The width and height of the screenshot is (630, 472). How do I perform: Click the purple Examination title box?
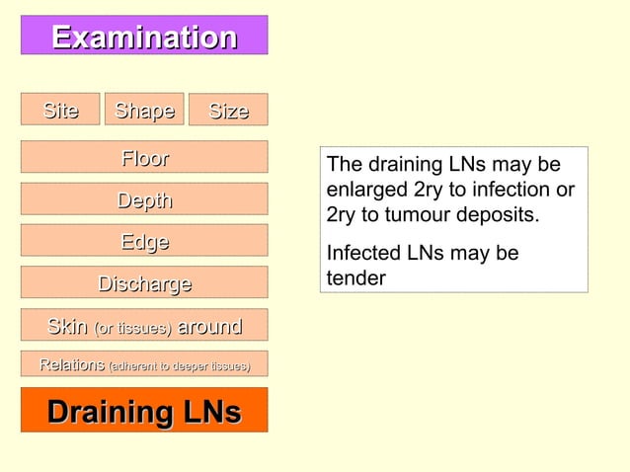pyautogui.click(x=144, y=37)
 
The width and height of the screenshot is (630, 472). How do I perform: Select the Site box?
pyautogui.click(x=60, y=110)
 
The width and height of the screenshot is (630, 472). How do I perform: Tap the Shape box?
pyautogui.click(x=144, y=110)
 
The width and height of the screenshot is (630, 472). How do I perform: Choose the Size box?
pyautogui.click(x=228, y=111)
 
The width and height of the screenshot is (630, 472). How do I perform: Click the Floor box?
pyautogui.click(x=144, y=158)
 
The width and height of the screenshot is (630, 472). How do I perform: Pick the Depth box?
pyautogui.click(x=144, y=200)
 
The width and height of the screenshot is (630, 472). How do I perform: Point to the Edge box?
pyautogui.click(x=144, y=242)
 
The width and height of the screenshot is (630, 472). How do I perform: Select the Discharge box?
pyautogui.click(x=144, y=284)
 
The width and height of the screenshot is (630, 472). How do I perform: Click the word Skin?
pyautogui.click(x=68, y=327)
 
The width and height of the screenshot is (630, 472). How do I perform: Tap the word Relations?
pyautogui.click(x=72, y=365)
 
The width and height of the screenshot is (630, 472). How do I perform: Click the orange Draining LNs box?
pyautogui.click(x=144, y=411)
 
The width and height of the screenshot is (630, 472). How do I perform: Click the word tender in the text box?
pyautogui.click(x=355, y=278)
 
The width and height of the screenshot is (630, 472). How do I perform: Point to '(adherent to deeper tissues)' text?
pyautogui.click(x=179, y=366)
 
